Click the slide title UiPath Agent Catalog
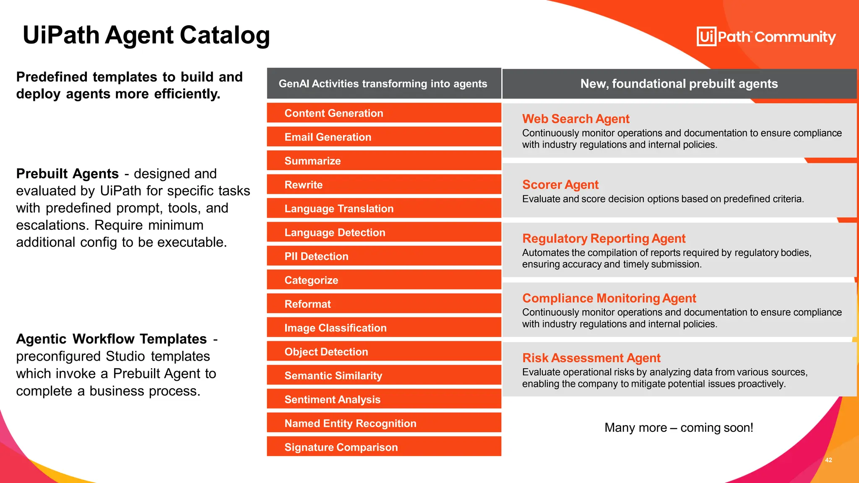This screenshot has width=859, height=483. pyautogui.click(x=146, y=35)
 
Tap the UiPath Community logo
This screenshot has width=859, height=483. pyautogui.click(x=766, y=37)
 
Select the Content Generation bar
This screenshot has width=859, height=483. pyautogui.click(x=384, y=113)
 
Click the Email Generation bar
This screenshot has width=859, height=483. pyautogui.click(x=384, y=137)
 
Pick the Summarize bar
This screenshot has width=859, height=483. pyautogui.click(x=384, y=161)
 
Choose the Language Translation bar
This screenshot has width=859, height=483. pyautogui.click(x=384, y=209)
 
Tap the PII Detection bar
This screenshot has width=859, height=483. pyautogui.click(x=384, y=256)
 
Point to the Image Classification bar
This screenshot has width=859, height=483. pyautogui.click(x=384, y=328)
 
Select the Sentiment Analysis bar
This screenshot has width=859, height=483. pyautogui.click(x=384, y=400)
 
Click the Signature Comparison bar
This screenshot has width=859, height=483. pyautogui.click(x=384, y=447)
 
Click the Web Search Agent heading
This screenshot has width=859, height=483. pyautogui.click(x=575, y=119)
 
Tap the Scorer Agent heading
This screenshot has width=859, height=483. pyautogui.click(x=560, y=185)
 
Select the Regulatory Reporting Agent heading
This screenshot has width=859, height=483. pyautogui.click(x=604, y=239)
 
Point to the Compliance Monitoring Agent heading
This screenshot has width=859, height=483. pyautogui.click(x=609, y=298)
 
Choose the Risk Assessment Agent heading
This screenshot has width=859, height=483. pyautogui.click(x=591, y=358)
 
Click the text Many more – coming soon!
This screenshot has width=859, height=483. pyautogui.click(x=679, y=428)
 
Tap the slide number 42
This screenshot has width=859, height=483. pyautogui.click(x=828, y=460)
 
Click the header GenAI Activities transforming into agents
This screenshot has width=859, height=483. pyautogui.click(x=383, y=84)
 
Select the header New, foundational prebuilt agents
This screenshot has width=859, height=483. pyautogui.click(x=679, y=84)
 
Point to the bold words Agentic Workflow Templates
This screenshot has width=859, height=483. pyautogui.click(x=112, y=339)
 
